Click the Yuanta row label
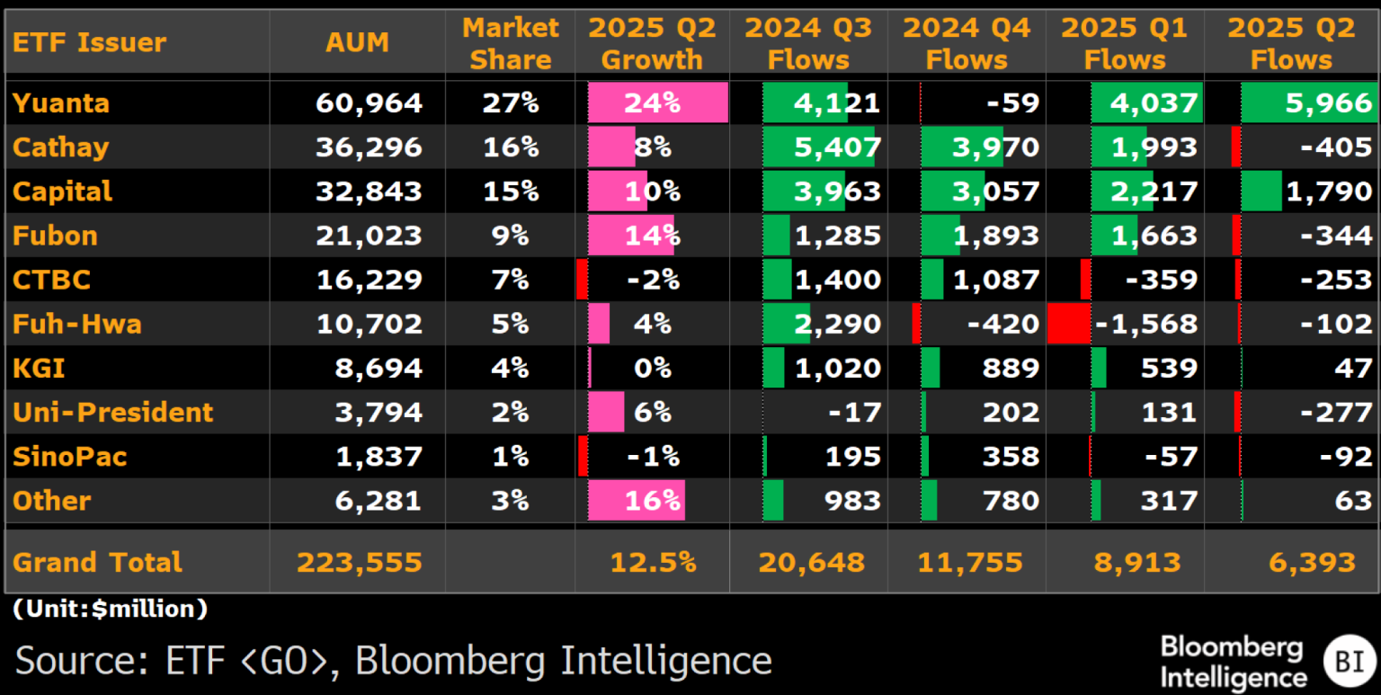(61, 103)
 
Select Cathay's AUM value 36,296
(369, 147)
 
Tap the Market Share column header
(510, 43)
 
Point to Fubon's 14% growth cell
(653, 236)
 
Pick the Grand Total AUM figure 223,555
(359, 563)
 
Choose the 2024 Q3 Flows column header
(808, 43)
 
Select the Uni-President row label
(112, 413)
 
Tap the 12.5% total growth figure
(653, 563)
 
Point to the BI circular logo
(1349, 661)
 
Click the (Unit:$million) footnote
(111, 610)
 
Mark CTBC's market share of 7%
(510, 280)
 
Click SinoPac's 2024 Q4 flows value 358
(1011, 457)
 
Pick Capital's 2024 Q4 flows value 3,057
(998, 192)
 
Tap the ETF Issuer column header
(89, 42)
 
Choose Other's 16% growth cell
(653, 501)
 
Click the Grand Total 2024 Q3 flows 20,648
(811, 563)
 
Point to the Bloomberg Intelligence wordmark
(1231, 662)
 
